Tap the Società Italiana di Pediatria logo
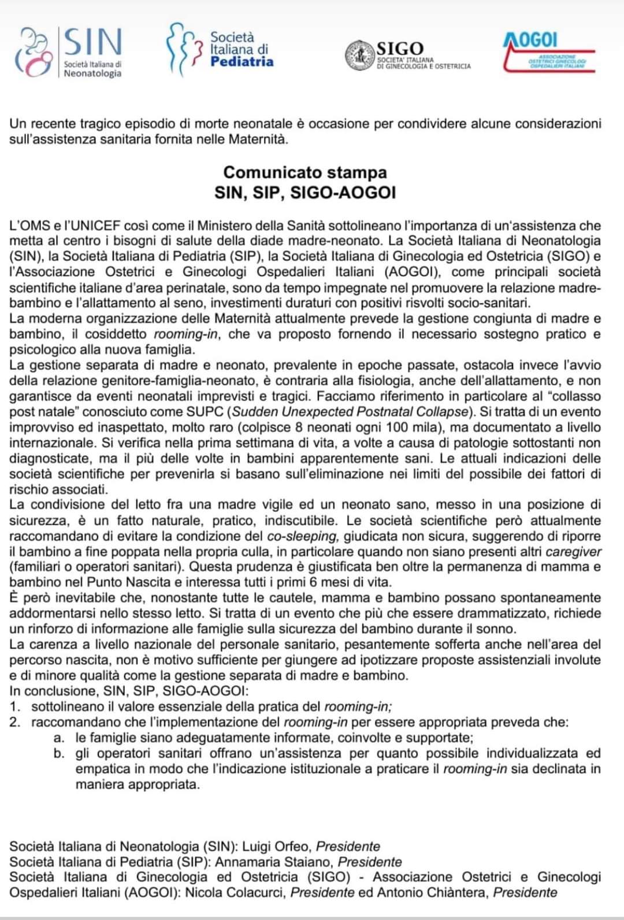pos(220,51)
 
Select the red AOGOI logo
pos(548,53)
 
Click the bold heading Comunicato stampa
pos(305,173)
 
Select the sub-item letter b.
pos(58,754)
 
